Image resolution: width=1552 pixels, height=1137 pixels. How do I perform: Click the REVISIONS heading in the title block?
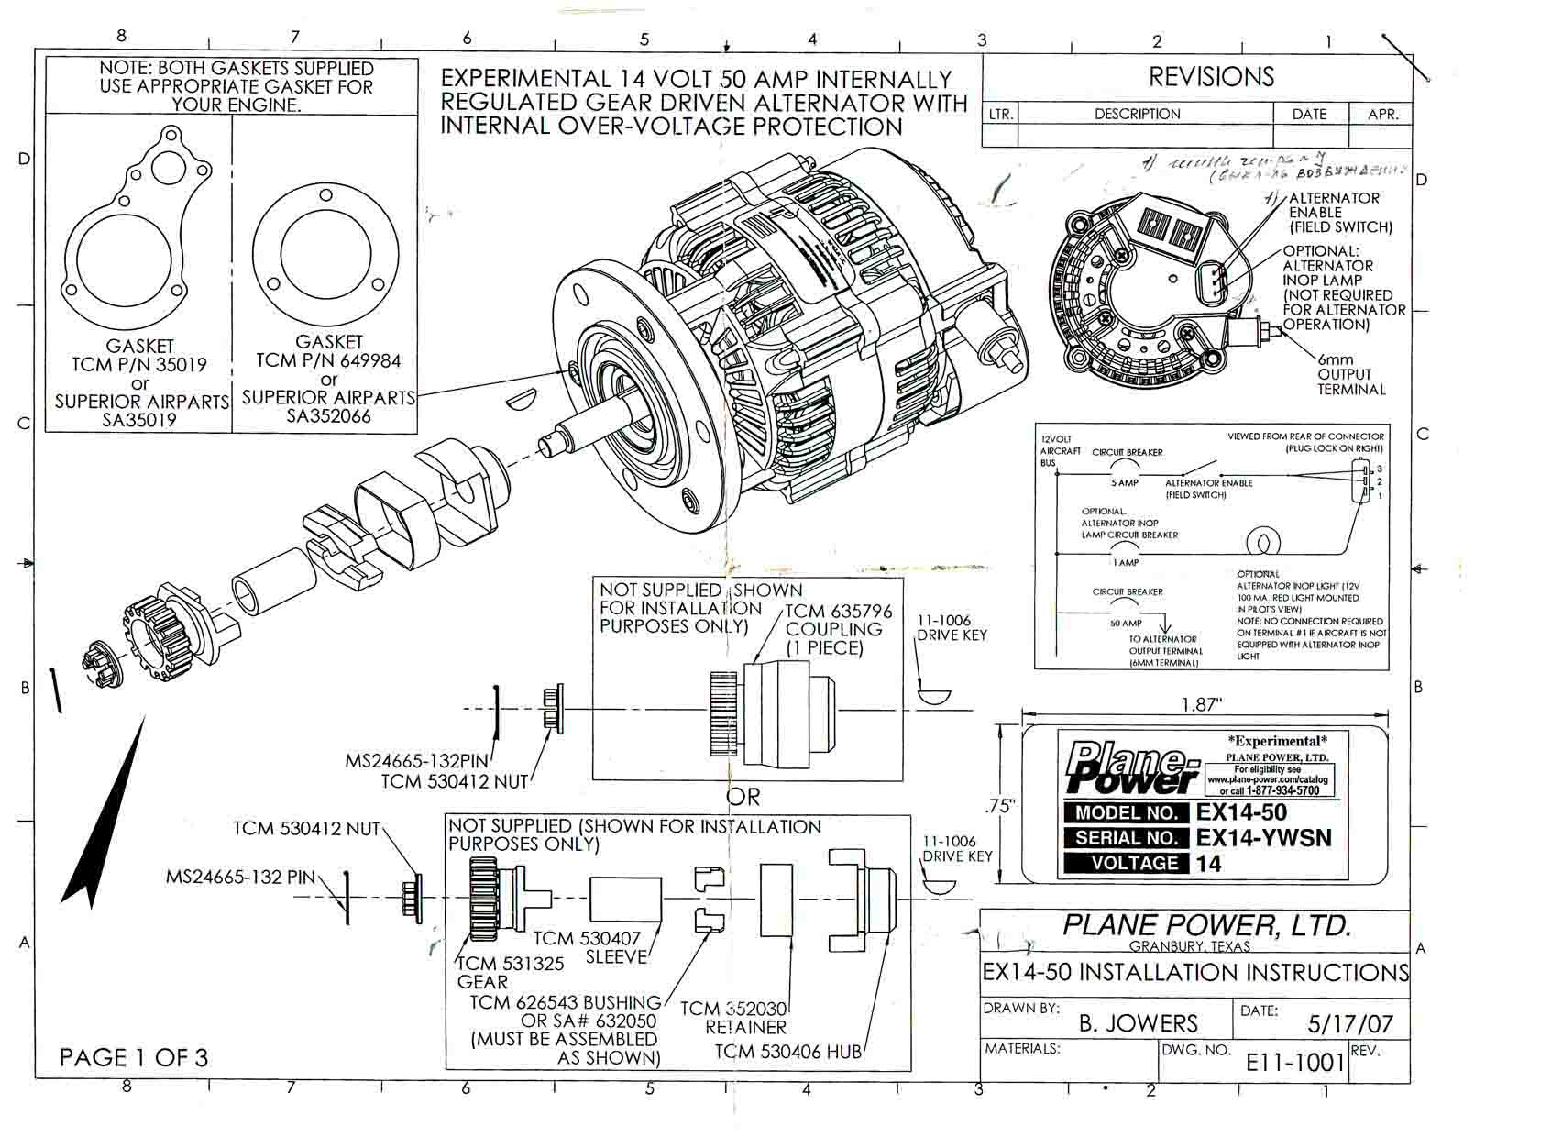[1211, 77]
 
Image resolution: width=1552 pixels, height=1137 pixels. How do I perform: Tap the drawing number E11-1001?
[1293, 1063]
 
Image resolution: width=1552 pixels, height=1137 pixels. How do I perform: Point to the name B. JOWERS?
[1139, 1023]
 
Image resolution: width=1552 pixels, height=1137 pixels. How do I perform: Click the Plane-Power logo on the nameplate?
[1131, 767]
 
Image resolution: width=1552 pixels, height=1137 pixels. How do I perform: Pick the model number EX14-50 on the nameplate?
[1241, 812]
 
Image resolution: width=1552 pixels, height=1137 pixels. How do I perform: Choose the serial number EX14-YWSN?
[1263, 837]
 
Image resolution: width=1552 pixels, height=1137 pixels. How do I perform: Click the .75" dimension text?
[1000, 806]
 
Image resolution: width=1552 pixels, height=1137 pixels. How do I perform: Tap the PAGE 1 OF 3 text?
[134, 1057]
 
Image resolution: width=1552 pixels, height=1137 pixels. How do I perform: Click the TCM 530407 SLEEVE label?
[587, 947]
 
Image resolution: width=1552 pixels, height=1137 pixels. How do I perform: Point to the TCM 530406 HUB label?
[787, 1052]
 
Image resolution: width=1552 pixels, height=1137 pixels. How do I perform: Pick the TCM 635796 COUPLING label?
[833, 629]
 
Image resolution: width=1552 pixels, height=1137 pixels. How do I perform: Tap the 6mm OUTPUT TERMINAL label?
[1350, 374]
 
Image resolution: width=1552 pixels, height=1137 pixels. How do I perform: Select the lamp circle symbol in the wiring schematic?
[1263, 542]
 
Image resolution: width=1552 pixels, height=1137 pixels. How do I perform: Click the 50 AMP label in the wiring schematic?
[1126, 623]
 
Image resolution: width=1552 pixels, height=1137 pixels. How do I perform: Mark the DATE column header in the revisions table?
[1308, 114]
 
